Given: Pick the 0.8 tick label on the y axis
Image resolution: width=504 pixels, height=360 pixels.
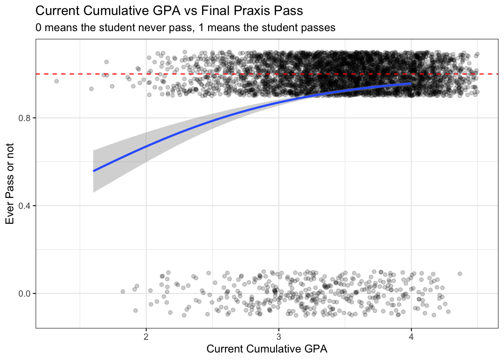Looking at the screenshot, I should coord(24,118).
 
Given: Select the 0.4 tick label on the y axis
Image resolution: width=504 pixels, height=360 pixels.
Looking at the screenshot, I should coord(24,206).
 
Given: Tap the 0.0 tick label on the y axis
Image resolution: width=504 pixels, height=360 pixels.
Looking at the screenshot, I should coord(24,294).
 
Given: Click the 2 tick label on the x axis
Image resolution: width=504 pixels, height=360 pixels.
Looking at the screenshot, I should coord(146,336).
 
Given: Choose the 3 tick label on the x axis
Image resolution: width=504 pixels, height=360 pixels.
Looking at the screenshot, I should coord(279,336).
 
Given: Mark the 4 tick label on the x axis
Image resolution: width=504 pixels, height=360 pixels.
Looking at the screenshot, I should coord(411,336).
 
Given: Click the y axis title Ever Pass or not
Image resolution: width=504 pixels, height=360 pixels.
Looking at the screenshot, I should coord(10,184).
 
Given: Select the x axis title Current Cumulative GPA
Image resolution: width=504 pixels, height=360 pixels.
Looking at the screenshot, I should coord(267,349).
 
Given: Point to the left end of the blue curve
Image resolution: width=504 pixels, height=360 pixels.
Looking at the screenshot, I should coord(93,171).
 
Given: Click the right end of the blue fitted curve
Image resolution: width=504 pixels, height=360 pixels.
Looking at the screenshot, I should coord(411,83).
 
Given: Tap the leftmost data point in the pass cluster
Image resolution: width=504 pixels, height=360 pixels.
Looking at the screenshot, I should coord(57,81).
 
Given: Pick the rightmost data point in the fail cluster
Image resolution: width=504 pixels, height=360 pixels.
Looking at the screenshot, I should coord(460,274).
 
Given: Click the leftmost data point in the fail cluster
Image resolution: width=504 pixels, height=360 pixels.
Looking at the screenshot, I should coord(123,291).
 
